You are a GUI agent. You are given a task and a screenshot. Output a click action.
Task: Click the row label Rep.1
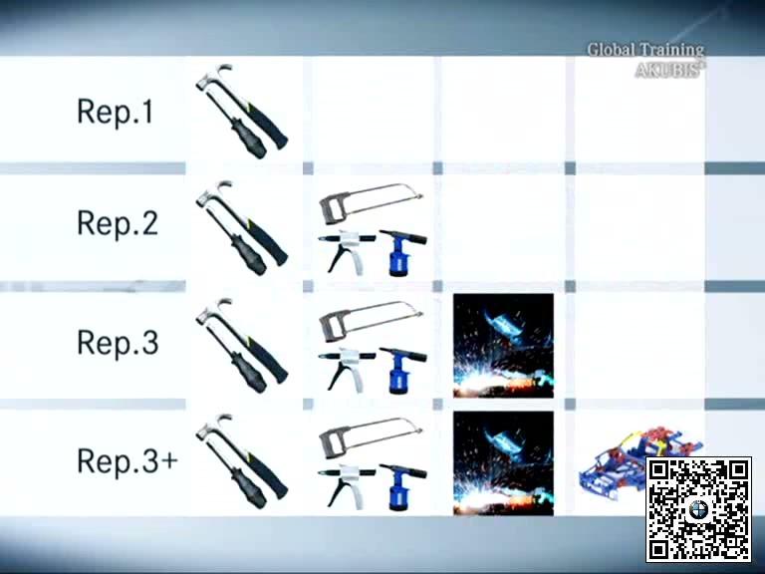(116, 112)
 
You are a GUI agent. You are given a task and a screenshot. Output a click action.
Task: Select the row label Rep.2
(118, 223)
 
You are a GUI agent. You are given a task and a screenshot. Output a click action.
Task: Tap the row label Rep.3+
(127, 459)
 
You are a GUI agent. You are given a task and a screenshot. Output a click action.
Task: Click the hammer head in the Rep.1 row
(215, 76)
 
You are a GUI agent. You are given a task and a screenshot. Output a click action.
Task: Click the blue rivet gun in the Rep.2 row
(403, 252)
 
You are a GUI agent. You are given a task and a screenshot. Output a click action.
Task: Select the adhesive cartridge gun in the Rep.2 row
(348, 251)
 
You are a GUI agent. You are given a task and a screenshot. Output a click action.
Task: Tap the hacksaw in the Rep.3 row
(371, 320)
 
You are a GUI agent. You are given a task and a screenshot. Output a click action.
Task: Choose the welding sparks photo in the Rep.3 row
(503, 346)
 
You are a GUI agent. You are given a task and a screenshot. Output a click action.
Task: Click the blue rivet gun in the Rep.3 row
(403, 370)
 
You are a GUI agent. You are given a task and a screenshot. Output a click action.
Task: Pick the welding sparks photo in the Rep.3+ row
(503, 463)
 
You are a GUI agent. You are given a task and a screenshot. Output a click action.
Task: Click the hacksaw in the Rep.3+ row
(371, 436)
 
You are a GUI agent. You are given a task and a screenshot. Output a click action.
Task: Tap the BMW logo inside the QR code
(698, 510)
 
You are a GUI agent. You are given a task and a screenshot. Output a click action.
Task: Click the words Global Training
(645, 50)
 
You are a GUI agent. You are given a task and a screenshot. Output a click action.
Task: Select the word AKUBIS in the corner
(668, 71)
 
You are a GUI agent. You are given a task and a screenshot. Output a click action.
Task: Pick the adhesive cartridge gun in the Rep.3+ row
(348, 485)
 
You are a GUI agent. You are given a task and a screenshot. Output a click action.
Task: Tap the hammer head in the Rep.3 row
(215, 311)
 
